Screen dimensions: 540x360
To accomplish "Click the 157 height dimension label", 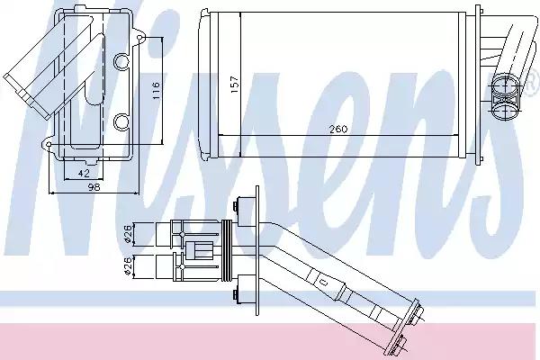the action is click(x=234, y=84).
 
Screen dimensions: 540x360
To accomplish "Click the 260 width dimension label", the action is click(x=338, y=130).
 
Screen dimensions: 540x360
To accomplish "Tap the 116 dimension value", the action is click(x=156, y=91).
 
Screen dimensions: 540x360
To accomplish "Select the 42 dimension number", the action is click(x=84, y=173).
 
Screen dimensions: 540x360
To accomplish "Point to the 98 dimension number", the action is click(x=94, y=187).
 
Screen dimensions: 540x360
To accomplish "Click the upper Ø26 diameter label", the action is click(x=127, y=234).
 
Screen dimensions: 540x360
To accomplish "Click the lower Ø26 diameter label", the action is click(x=127, y=265).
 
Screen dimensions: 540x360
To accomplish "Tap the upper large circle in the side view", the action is click(x=121, y=61).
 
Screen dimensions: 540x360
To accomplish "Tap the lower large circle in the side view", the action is click(x=121, y=122).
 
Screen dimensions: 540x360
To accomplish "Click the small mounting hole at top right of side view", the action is click(x=139, y=38).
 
